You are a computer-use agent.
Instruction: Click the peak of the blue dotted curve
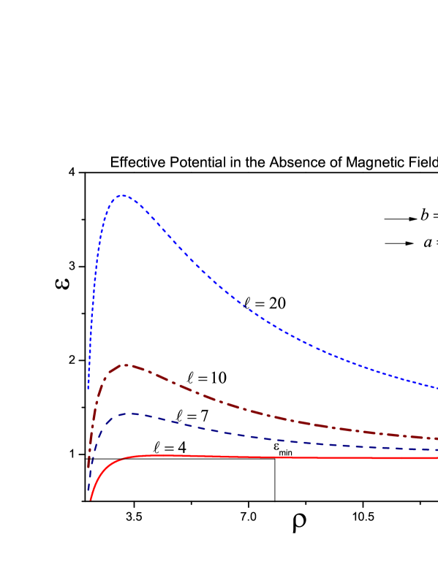pyautogui.click(x=123, y=195)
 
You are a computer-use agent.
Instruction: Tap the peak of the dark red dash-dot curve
pyautogui.click(x=126, y=365)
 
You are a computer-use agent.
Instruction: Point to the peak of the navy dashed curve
pyautogui.click(x=132, y=414)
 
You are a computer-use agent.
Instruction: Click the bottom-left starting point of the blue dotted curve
pyautogui.click(x=88, y=388)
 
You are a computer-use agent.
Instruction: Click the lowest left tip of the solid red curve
pyautogui.click(x=91, y=500)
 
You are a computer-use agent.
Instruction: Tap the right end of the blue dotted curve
pyautogui.click(x=437, y=387)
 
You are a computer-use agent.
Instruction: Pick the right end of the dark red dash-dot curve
pyautogui.click(x=437, y=438)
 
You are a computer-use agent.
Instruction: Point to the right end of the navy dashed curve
pyautogui.click(x=437, y=450)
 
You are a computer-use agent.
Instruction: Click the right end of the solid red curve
pyautogui.click(x=437, y=458)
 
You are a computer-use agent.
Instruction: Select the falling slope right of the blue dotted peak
pyautogui.click(x=190, y=256)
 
